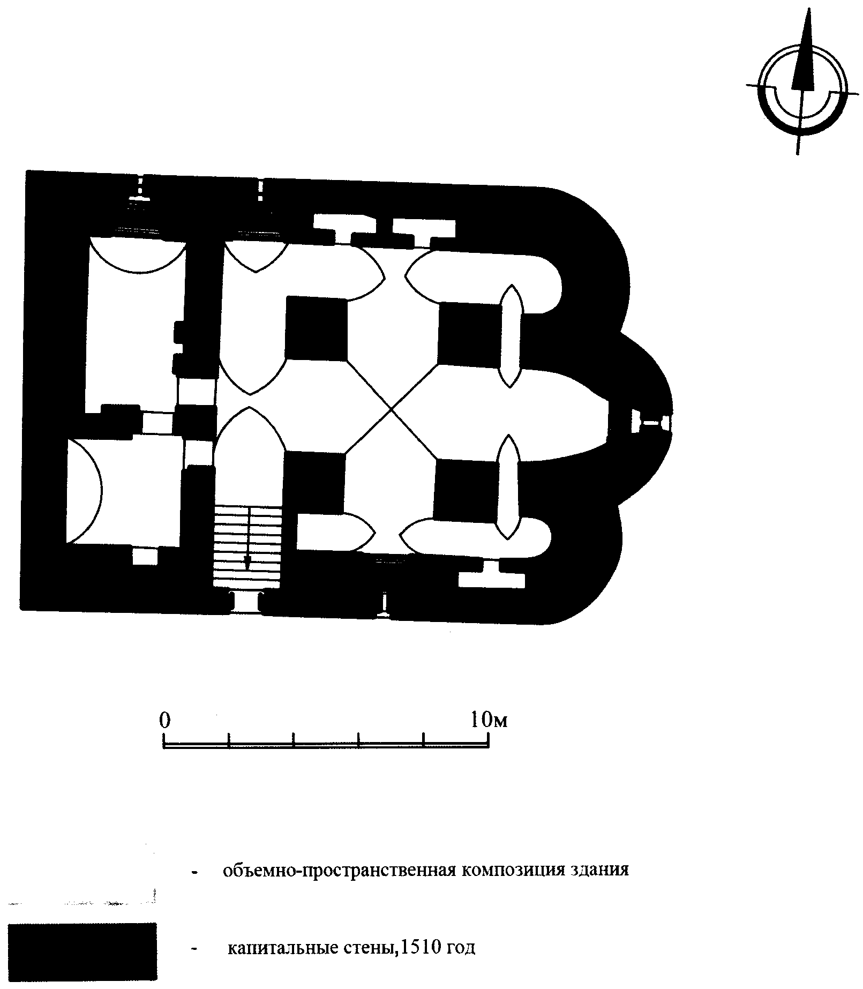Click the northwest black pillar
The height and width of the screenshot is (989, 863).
[x=316, y=328]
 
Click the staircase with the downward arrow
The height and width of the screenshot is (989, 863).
[x=247, y=546]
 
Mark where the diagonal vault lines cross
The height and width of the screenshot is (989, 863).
[x=392, y=409]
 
